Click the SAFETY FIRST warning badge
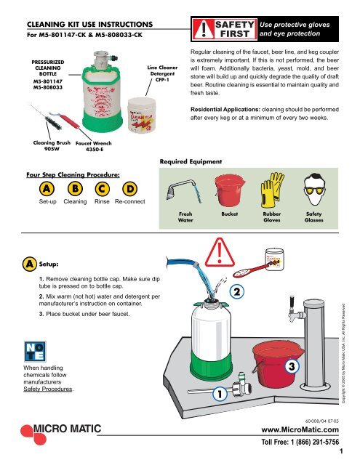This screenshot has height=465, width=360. coord(228,28)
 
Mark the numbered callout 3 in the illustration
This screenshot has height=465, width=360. coord(291,368)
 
